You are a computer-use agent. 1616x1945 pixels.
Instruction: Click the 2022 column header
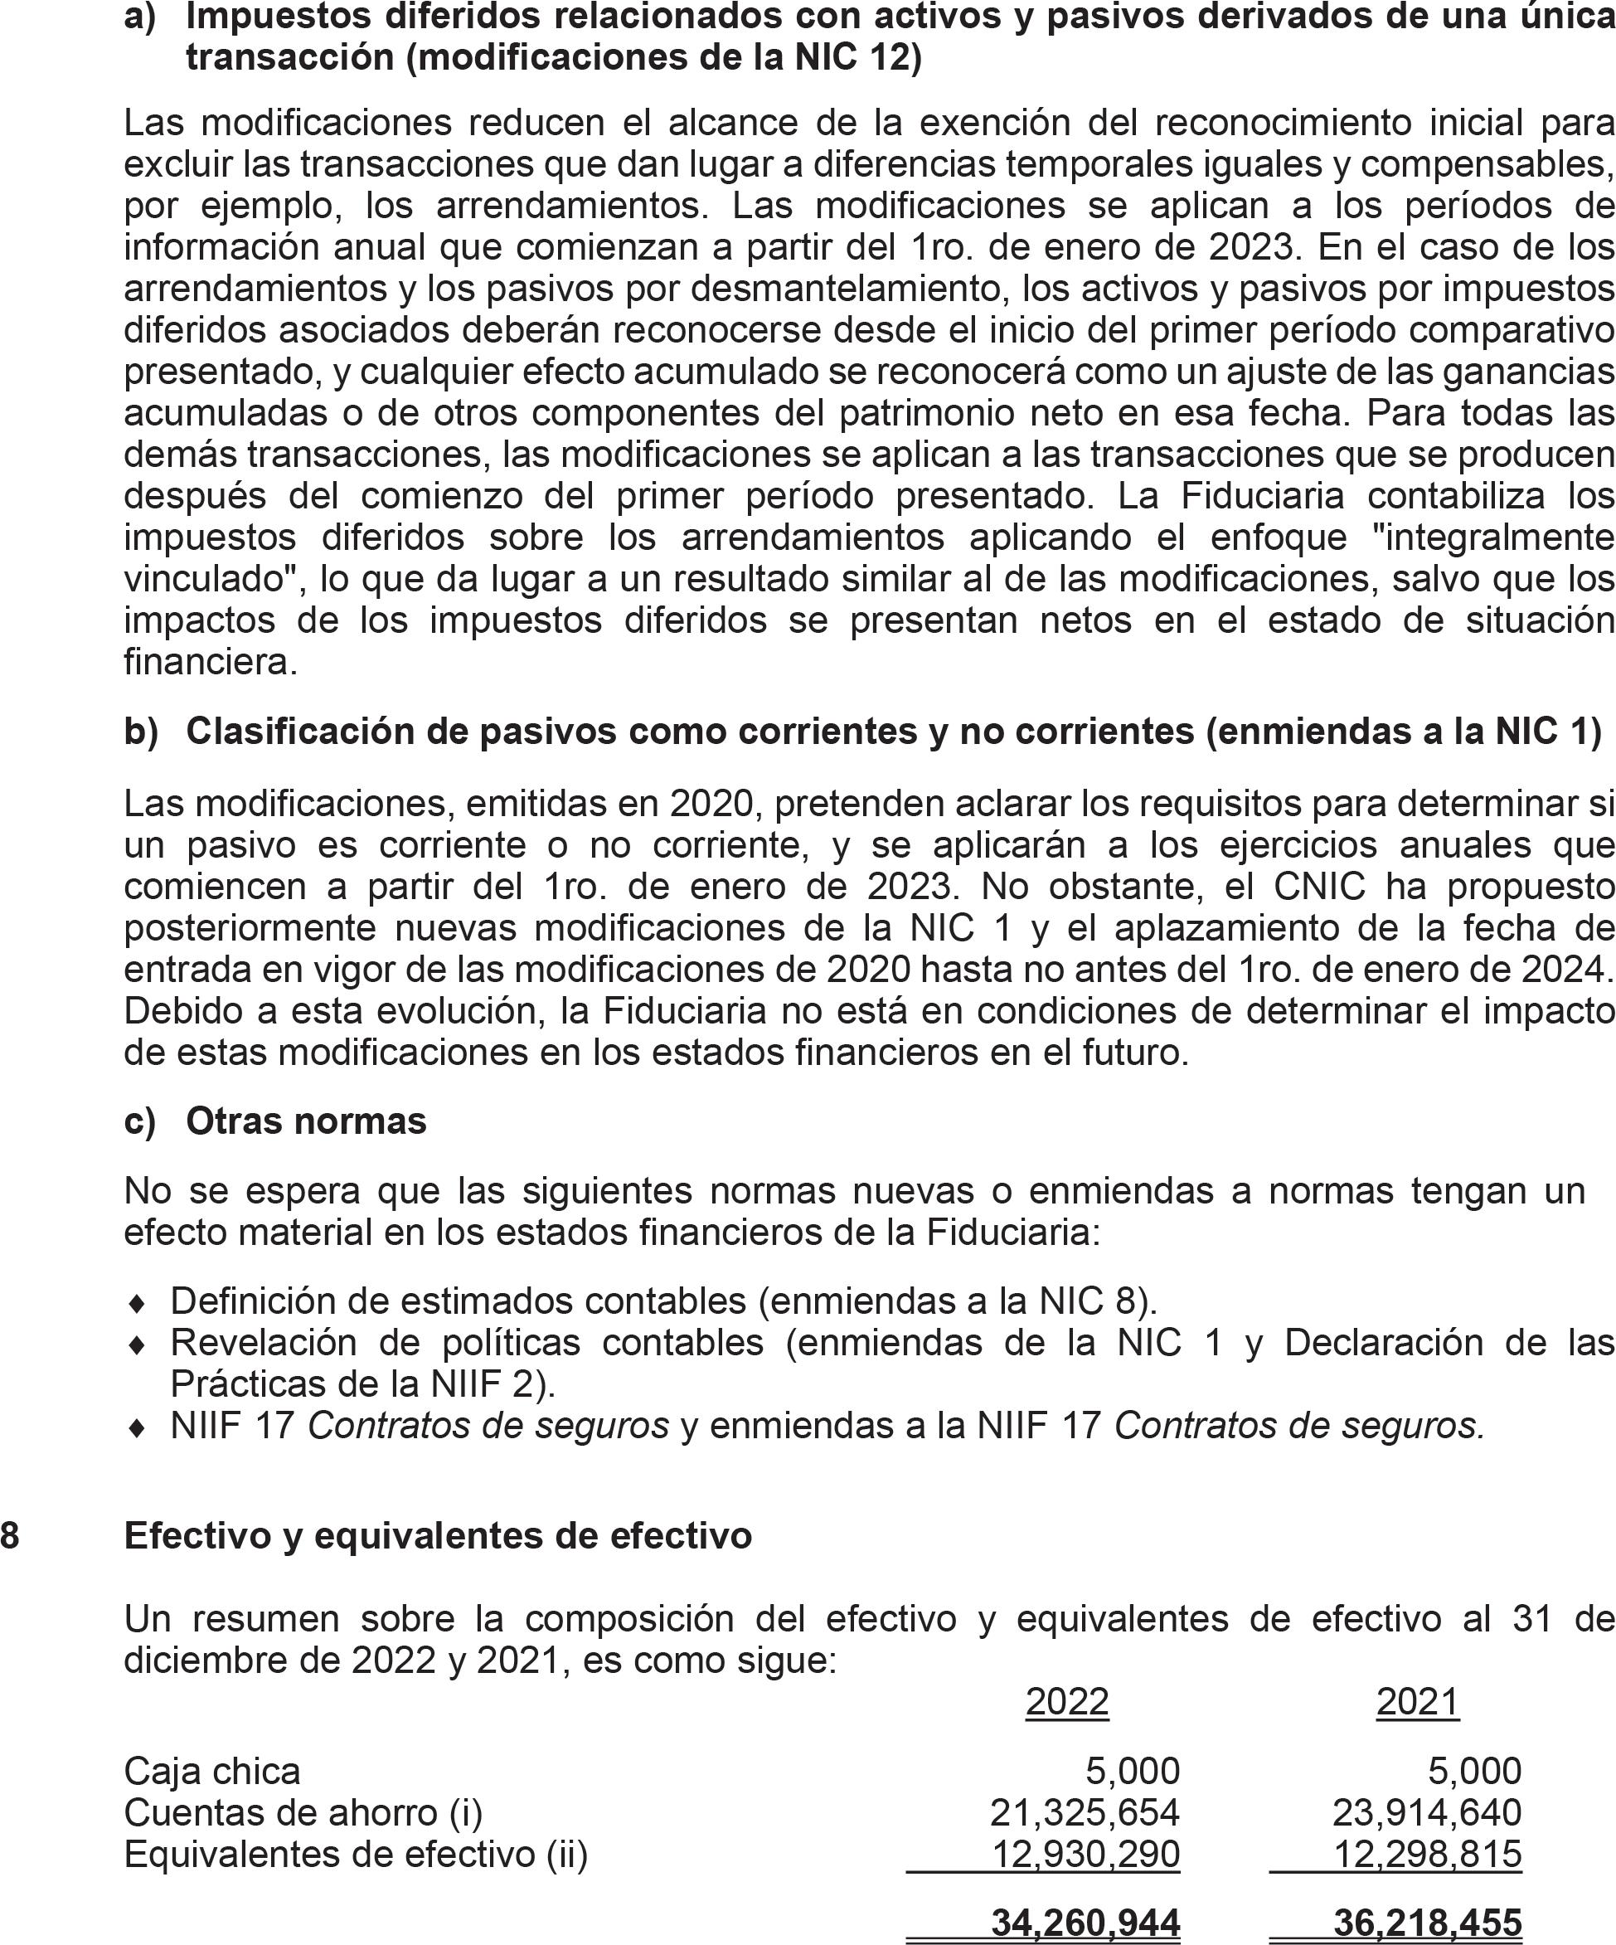1067,1701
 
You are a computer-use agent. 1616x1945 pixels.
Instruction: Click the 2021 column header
1417,1701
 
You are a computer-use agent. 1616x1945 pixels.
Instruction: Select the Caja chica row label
212,1771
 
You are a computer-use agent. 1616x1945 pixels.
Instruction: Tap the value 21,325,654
1085,1812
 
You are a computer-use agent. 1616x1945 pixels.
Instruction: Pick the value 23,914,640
1426,1812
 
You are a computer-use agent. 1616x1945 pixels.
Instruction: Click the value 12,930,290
1085,1855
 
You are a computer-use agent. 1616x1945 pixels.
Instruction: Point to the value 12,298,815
1427,1855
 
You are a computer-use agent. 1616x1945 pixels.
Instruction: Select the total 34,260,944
1085,1923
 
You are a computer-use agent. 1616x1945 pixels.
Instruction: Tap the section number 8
9,1535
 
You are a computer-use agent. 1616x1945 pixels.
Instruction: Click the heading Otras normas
306,1121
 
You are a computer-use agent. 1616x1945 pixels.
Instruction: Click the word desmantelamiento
848,289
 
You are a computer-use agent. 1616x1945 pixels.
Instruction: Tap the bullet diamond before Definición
136,1303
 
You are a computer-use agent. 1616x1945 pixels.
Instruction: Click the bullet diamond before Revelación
136,1344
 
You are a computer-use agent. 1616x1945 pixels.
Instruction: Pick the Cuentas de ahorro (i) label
303,1812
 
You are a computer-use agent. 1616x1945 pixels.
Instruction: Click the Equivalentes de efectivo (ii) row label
356,1855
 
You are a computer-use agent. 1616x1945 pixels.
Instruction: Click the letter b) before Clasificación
141,732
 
